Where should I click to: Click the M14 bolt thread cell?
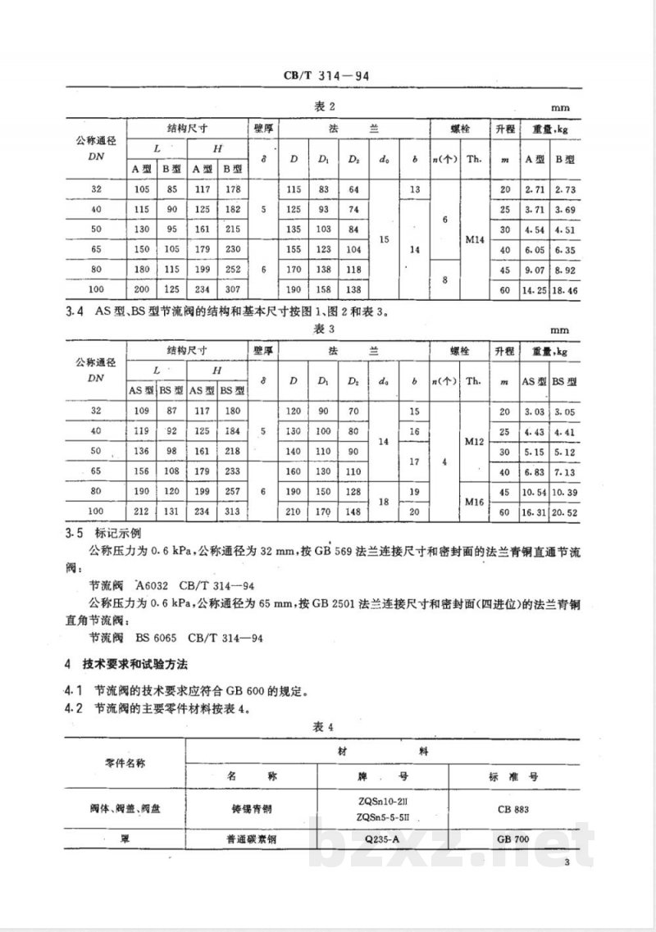pyautogui.click(x=474, y=239)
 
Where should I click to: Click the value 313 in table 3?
pyautogui.click(x=234, y=511)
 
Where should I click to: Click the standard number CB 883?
pyautogui.click(x=512, y=809)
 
